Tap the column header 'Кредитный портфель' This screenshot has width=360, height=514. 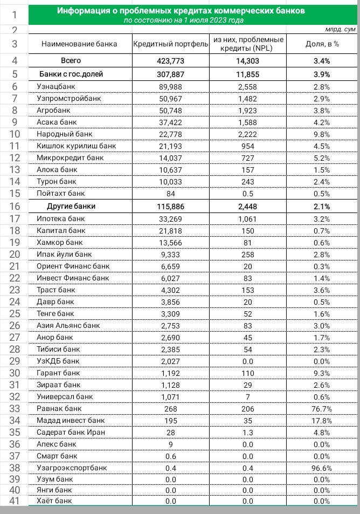point(170,44)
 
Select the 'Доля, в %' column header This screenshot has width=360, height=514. point(322,44)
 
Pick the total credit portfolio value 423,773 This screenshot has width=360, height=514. point(170,61)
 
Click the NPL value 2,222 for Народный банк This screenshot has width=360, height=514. point(248,134)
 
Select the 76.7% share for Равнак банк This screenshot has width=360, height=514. point(322,408)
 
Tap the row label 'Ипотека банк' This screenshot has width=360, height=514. point(60,219)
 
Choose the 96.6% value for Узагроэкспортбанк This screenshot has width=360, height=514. point(322,468)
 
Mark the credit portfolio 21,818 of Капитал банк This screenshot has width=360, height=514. point(170,231)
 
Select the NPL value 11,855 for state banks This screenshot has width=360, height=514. point(248,74)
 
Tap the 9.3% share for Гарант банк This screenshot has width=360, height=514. point(322,373)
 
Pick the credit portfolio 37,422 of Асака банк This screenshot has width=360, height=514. point(170,122)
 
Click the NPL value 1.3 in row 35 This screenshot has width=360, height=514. point(248,432)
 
